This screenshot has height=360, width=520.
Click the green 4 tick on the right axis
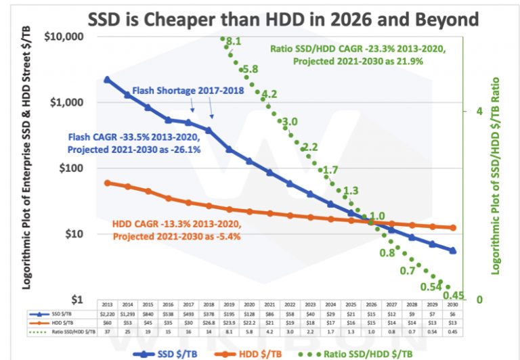(x=479, y=111)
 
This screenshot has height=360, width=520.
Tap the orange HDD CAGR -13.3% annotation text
(x=177, y=230)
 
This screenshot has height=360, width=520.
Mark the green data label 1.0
(x=376, y=215)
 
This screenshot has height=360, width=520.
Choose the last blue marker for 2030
(x=453, y=250)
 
